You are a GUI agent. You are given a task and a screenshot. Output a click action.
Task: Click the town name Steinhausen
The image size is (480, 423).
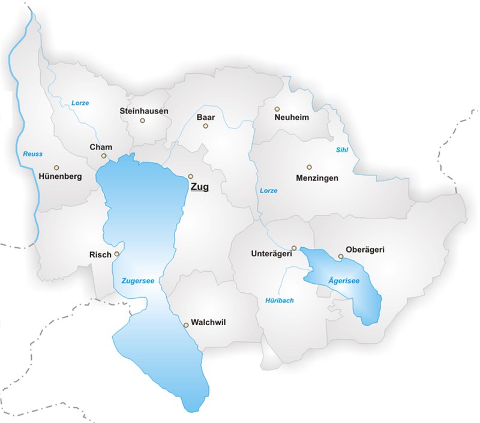coord(144,111)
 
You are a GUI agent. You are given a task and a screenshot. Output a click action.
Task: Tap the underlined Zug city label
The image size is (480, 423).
coord(199,187)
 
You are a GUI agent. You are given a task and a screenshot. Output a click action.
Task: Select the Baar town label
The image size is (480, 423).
coord(206,117)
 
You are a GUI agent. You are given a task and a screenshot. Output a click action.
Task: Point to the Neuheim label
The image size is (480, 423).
coord(292,118)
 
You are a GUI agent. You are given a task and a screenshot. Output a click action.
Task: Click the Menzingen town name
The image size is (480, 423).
coord(317,178)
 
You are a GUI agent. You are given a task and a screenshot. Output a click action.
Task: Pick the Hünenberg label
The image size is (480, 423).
coord(59,177)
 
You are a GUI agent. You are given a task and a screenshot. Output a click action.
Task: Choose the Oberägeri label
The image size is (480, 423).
coord(364,249)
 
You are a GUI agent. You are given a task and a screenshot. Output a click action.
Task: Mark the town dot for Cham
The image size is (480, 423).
coord(104,156)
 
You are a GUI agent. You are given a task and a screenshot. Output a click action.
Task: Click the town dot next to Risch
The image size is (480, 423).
coord(117,254)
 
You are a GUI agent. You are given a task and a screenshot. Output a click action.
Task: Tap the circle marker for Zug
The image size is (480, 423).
coord(190,176)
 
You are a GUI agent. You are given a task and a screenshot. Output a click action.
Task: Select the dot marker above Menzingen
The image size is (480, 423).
coord(309,167)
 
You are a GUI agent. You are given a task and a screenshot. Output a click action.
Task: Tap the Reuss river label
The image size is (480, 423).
coord(33,154)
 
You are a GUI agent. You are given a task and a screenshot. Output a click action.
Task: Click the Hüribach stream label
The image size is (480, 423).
coord(280,300)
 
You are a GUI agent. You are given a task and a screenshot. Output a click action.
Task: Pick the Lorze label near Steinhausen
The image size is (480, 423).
coord(80,103)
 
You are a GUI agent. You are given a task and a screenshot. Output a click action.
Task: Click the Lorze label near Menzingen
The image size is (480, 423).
coord(269,190)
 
